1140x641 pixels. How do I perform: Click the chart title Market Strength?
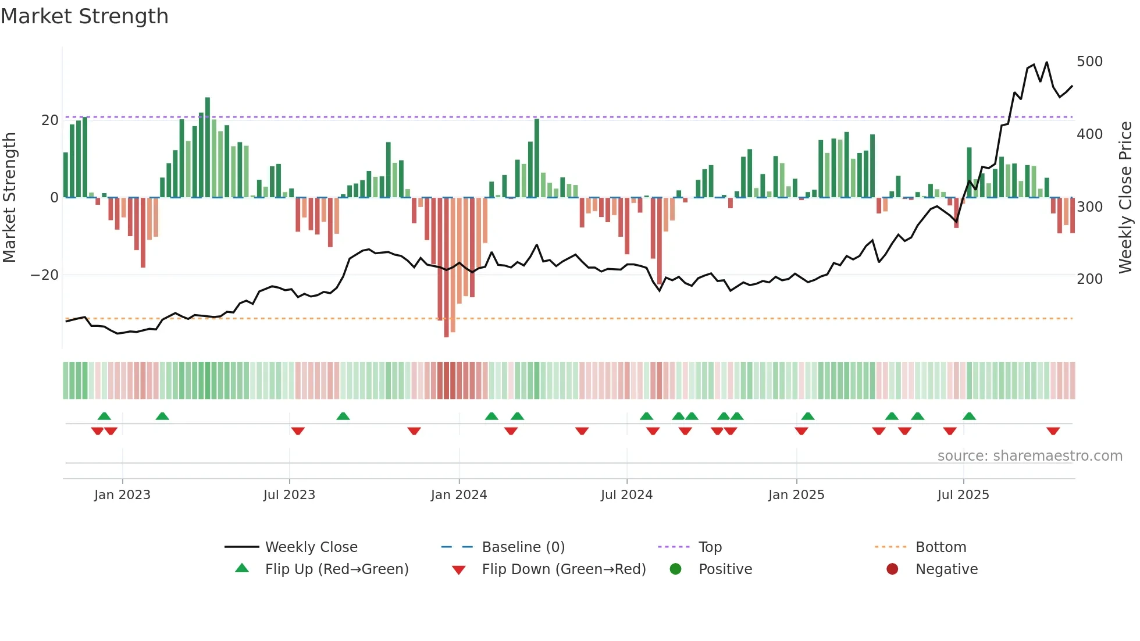click(x=84, y=16)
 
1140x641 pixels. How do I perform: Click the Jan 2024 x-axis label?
click(x=458, y=495)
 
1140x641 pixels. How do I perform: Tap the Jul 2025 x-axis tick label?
click(x=963, y=495)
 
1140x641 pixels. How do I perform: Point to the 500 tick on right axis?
click(x=1089, y=62)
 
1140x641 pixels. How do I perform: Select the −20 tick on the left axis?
click(x=44, y=275)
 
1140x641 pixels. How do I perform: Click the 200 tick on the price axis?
click(x=1089, y=279)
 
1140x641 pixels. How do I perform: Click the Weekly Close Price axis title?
click(x=1125, y=198)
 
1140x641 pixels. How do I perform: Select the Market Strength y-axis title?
click(x=9, y=198)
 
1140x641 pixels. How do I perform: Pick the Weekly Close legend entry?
click(x=311, y=547)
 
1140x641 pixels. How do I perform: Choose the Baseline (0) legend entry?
click(x=523, y=547)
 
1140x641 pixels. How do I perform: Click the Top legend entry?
click(x=710, y=547)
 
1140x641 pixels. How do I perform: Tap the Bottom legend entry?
click(x=940, y=547)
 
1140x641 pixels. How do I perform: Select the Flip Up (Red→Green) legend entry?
click(x=336, y=569)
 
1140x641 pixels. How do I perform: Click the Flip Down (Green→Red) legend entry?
click(x=563, y=569)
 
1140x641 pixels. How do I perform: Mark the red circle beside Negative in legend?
click(x=892, y=569)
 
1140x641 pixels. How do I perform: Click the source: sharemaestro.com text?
click(x=1029, y=456)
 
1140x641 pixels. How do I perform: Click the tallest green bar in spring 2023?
click(x=208, y=147)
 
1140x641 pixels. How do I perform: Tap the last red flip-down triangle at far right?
click(x=1053, y=431)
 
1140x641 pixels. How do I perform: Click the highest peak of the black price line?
click(x=1046, y=62)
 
